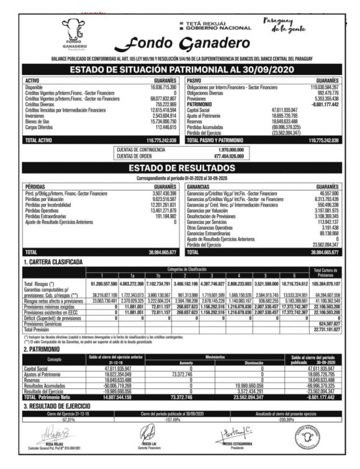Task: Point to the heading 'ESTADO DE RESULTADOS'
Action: click(180, 168)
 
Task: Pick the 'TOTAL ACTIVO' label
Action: click(39, 141)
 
